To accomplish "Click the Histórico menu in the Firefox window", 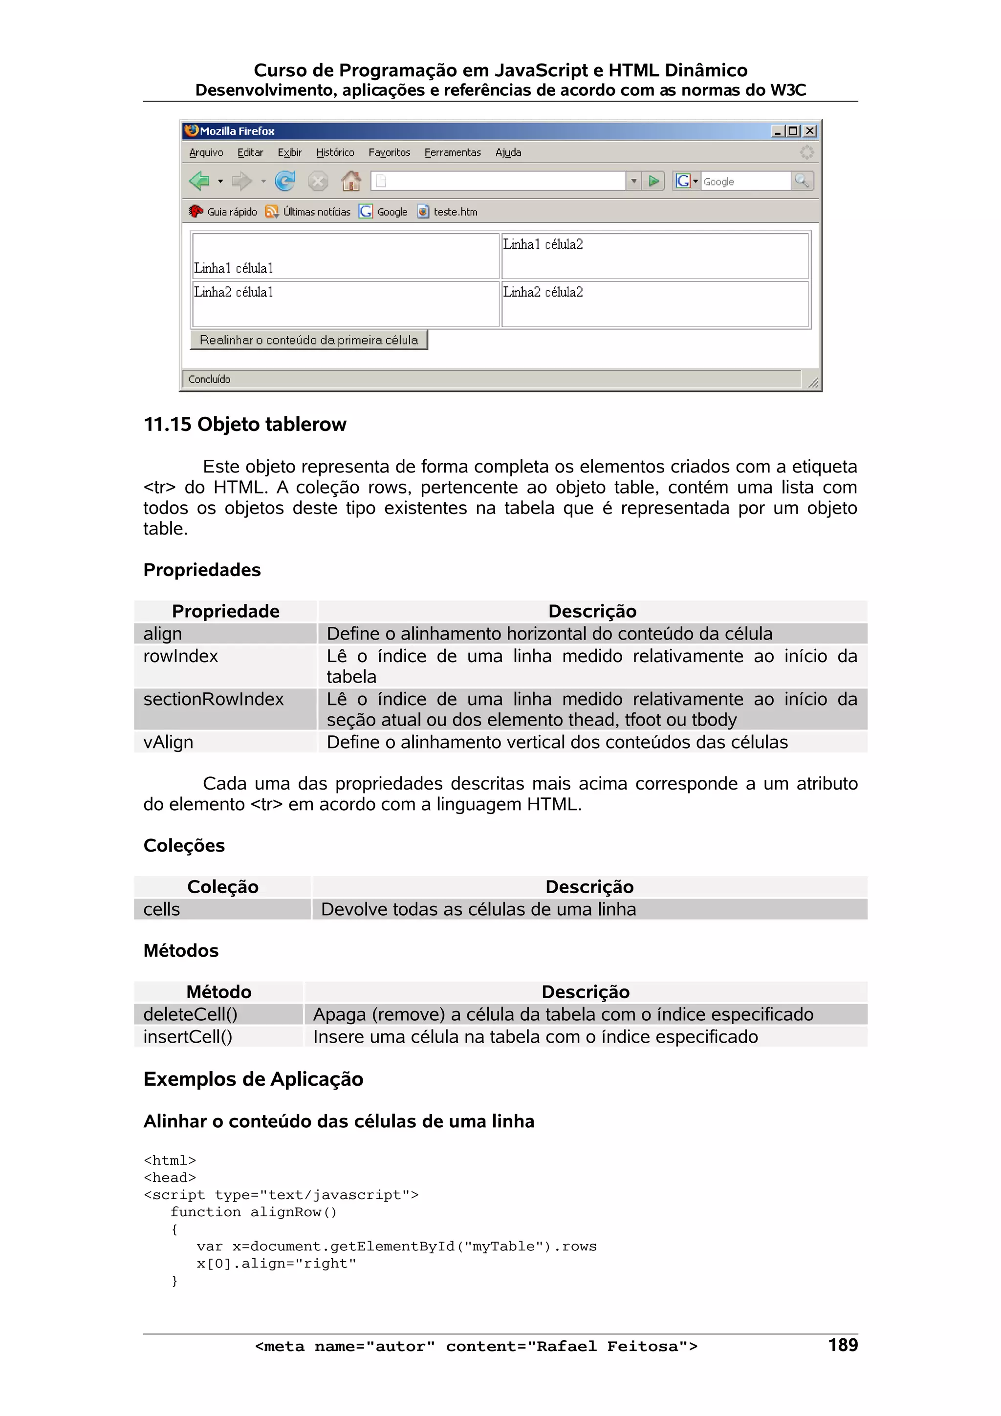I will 335,152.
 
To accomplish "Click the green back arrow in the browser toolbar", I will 199,181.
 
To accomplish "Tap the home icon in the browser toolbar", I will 351,181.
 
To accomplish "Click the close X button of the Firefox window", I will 810,131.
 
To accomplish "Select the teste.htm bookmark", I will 455,212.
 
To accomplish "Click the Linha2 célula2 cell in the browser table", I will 543,292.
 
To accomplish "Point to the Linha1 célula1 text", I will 233,268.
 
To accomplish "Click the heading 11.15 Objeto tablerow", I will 245,424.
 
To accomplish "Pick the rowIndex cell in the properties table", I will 181,656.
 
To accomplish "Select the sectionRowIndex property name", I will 214,699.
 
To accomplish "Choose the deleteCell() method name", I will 190,1014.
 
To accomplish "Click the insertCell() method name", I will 188,1037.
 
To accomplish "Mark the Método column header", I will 219,992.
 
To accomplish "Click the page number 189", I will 843,1345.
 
